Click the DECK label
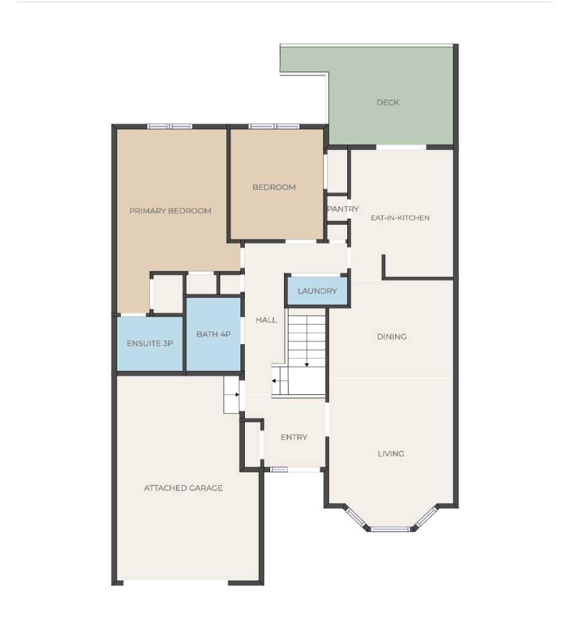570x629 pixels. [388, 103]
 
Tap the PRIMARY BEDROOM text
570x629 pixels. [170, 211]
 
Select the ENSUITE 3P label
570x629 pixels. [150, 343]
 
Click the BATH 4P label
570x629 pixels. [213, 335]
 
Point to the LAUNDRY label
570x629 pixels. [317, 291]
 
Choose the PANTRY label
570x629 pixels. [343, 209]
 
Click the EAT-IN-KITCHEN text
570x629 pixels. [400, 217]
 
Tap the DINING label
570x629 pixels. [391, 337]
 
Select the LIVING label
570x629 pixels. [391, 453]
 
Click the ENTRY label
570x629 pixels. [294, 437]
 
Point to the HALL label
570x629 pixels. [266, 320]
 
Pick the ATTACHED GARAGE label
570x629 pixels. [183, 488]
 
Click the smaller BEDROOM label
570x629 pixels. [274, 187]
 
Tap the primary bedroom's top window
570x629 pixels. [170, 127]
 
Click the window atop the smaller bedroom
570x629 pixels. [274, 127]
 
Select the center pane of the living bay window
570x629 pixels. [391, 528]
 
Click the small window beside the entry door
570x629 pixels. [279, 469]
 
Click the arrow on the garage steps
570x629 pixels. [235, 395]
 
